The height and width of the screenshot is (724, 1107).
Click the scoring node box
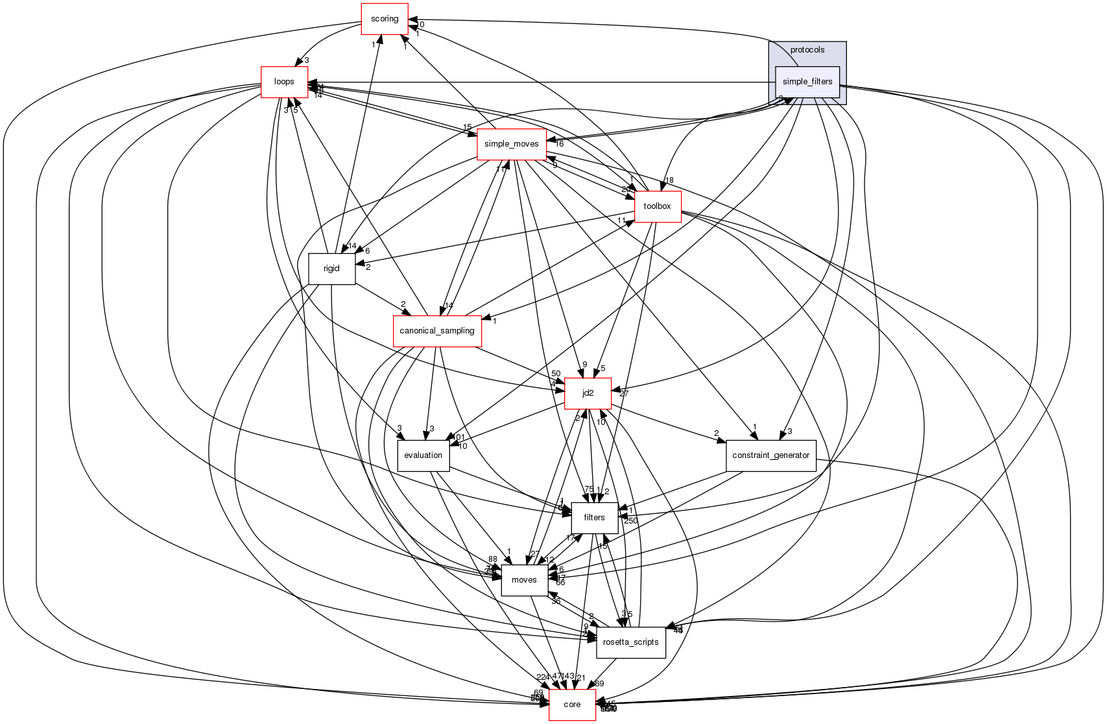pyautogui.click(x=385, y=19)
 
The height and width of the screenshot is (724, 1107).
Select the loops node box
pyautogui.click(x=284, y=82)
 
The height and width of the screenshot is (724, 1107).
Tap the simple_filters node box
pyautogui.click(x=807, y=82)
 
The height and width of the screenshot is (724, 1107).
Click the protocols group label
pyautogui.click(x=807, y=50)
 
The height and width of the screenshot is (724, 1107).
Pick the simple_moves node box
pyautogui.click(x=512, y=144)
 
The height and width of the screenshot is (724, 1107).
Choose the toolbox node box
pyautogui.click(x=658, y=206)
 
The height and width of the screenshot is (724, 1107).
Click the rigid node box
pyautogui.click(x=331, y=269)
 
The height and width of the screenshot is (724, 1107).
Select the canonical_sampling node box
pyautogui.click(x=437, y=331)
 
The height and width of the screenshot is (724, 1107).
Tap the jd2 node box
pyautogui.click(x=588, y=393)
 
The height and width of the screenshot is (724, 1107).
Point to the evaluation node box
pyautogui.click(x=423, y=455)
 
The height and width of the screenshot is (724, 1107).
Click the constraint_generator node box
pyautogui.click(x=770, y=455)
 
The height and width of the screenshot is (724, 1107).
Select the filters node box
pyautogui.click(x=594, y=518)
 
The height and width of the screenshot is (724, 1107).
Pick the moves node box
pyautogui.click(x=524, y=580)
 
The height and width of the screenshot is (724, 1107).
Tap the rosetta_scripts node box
pyautogui.click(x=631, y=642)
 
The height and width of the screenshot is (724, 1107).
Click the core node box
pyautogui.click(x=572, y=705)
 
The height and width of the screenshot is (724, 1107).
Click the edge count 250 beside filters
pyautogui.click(x=630, y=521)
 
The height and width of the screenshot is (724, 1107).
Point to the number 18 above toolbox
pyautogui.click(x=669, y=180)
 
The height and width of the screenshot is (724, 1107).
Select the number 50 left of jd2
pyautogui.click(x=556, y=374)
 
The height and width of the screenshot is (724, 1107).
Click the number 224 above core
pyautogui.click(x=543, y=677)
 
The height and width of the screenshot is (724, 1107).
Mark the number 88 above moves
pyautogui.click(x=493, y=559)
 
